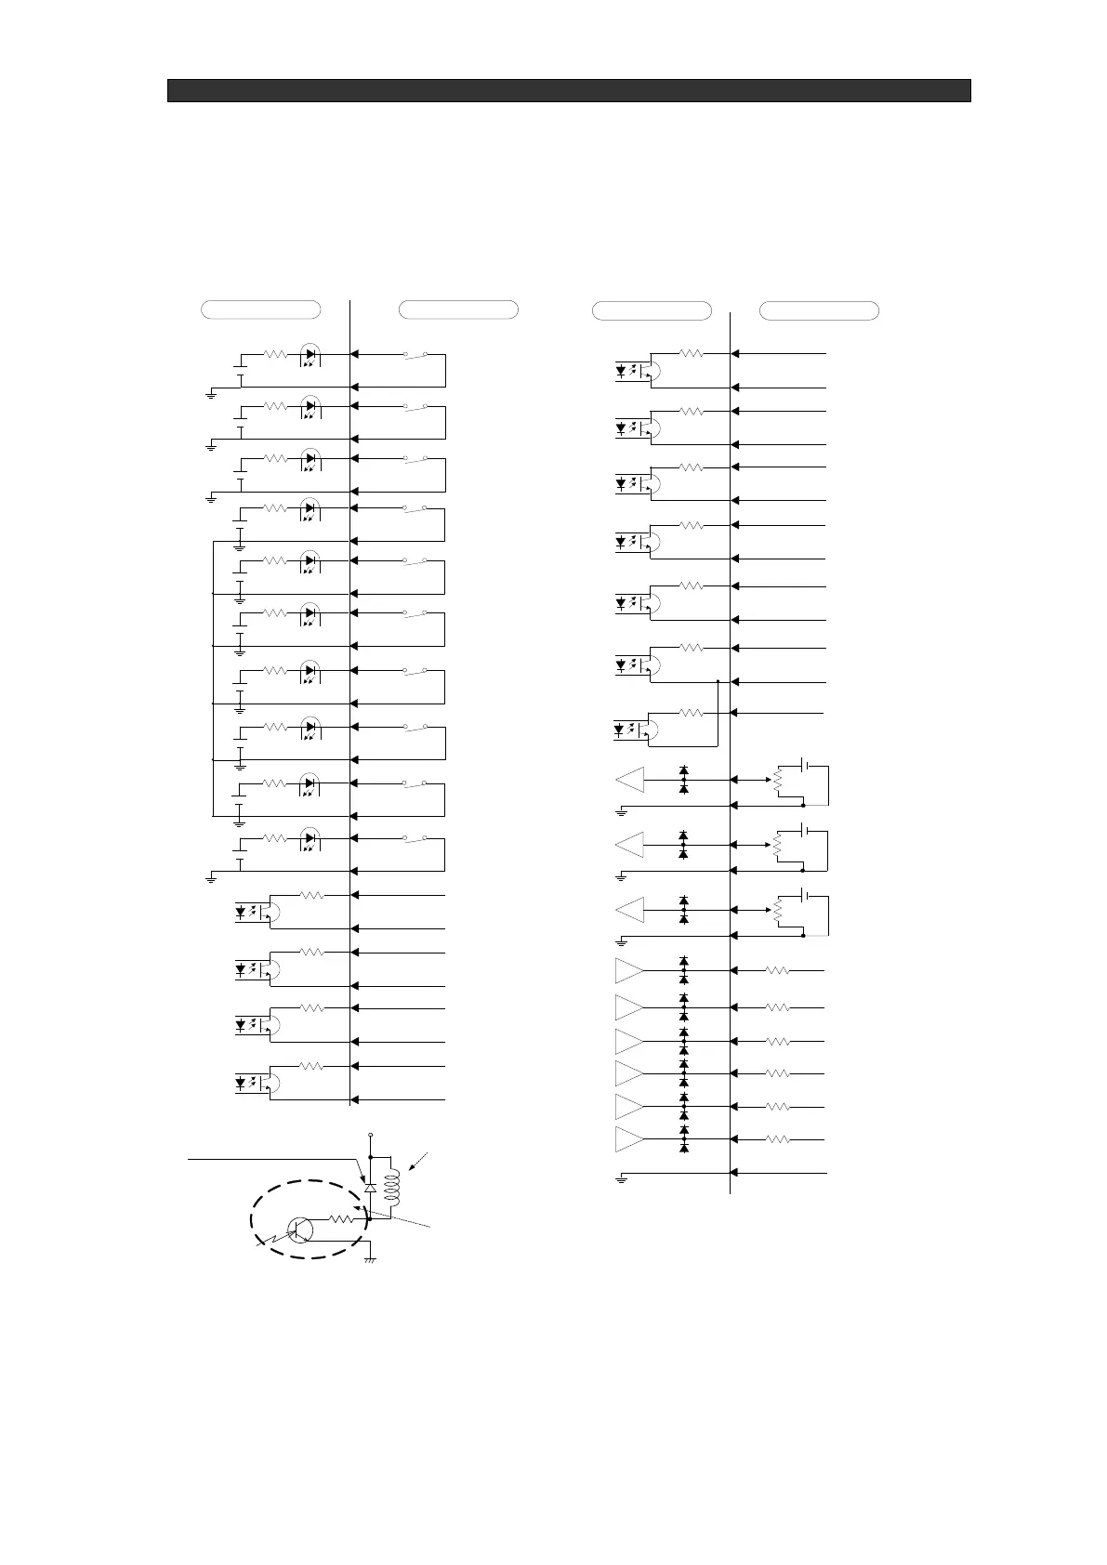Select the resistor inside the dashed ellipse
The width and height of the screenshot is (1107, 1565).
[342, 1218]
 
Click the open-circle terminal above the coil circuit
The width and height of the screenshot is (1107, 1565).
[371, 1135]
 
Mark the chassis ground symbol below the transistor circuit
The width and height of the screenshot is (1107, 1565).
[371, 1259]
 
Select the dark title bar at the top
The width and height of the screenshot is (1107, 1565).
[569, 90]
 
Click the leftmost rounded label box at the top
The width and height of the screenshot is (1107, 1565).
[261, 309]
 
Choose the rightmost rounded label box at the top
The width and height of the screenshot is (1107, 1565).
[819, 310]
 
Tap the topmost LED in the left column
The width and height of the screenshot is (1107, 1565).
[311, 354]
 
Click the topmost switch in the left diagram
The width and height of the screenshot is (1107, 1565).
[415, 354]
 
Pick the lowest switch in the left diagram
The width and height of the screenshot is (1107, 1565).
[415, 839]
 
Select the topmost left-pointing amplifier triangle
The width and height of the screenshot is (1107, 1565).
[630, 780]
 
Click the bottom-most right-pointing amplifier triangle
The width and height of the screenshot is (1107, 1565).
[629, 1139]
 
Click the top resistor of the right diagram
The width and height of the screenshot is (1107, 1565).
[691, 353]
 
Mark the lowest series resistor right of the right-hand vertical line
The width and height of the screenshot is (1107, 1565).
[778, 1139]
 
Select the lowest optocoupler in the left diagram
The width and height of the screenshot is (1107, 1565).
[256, 1082]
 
